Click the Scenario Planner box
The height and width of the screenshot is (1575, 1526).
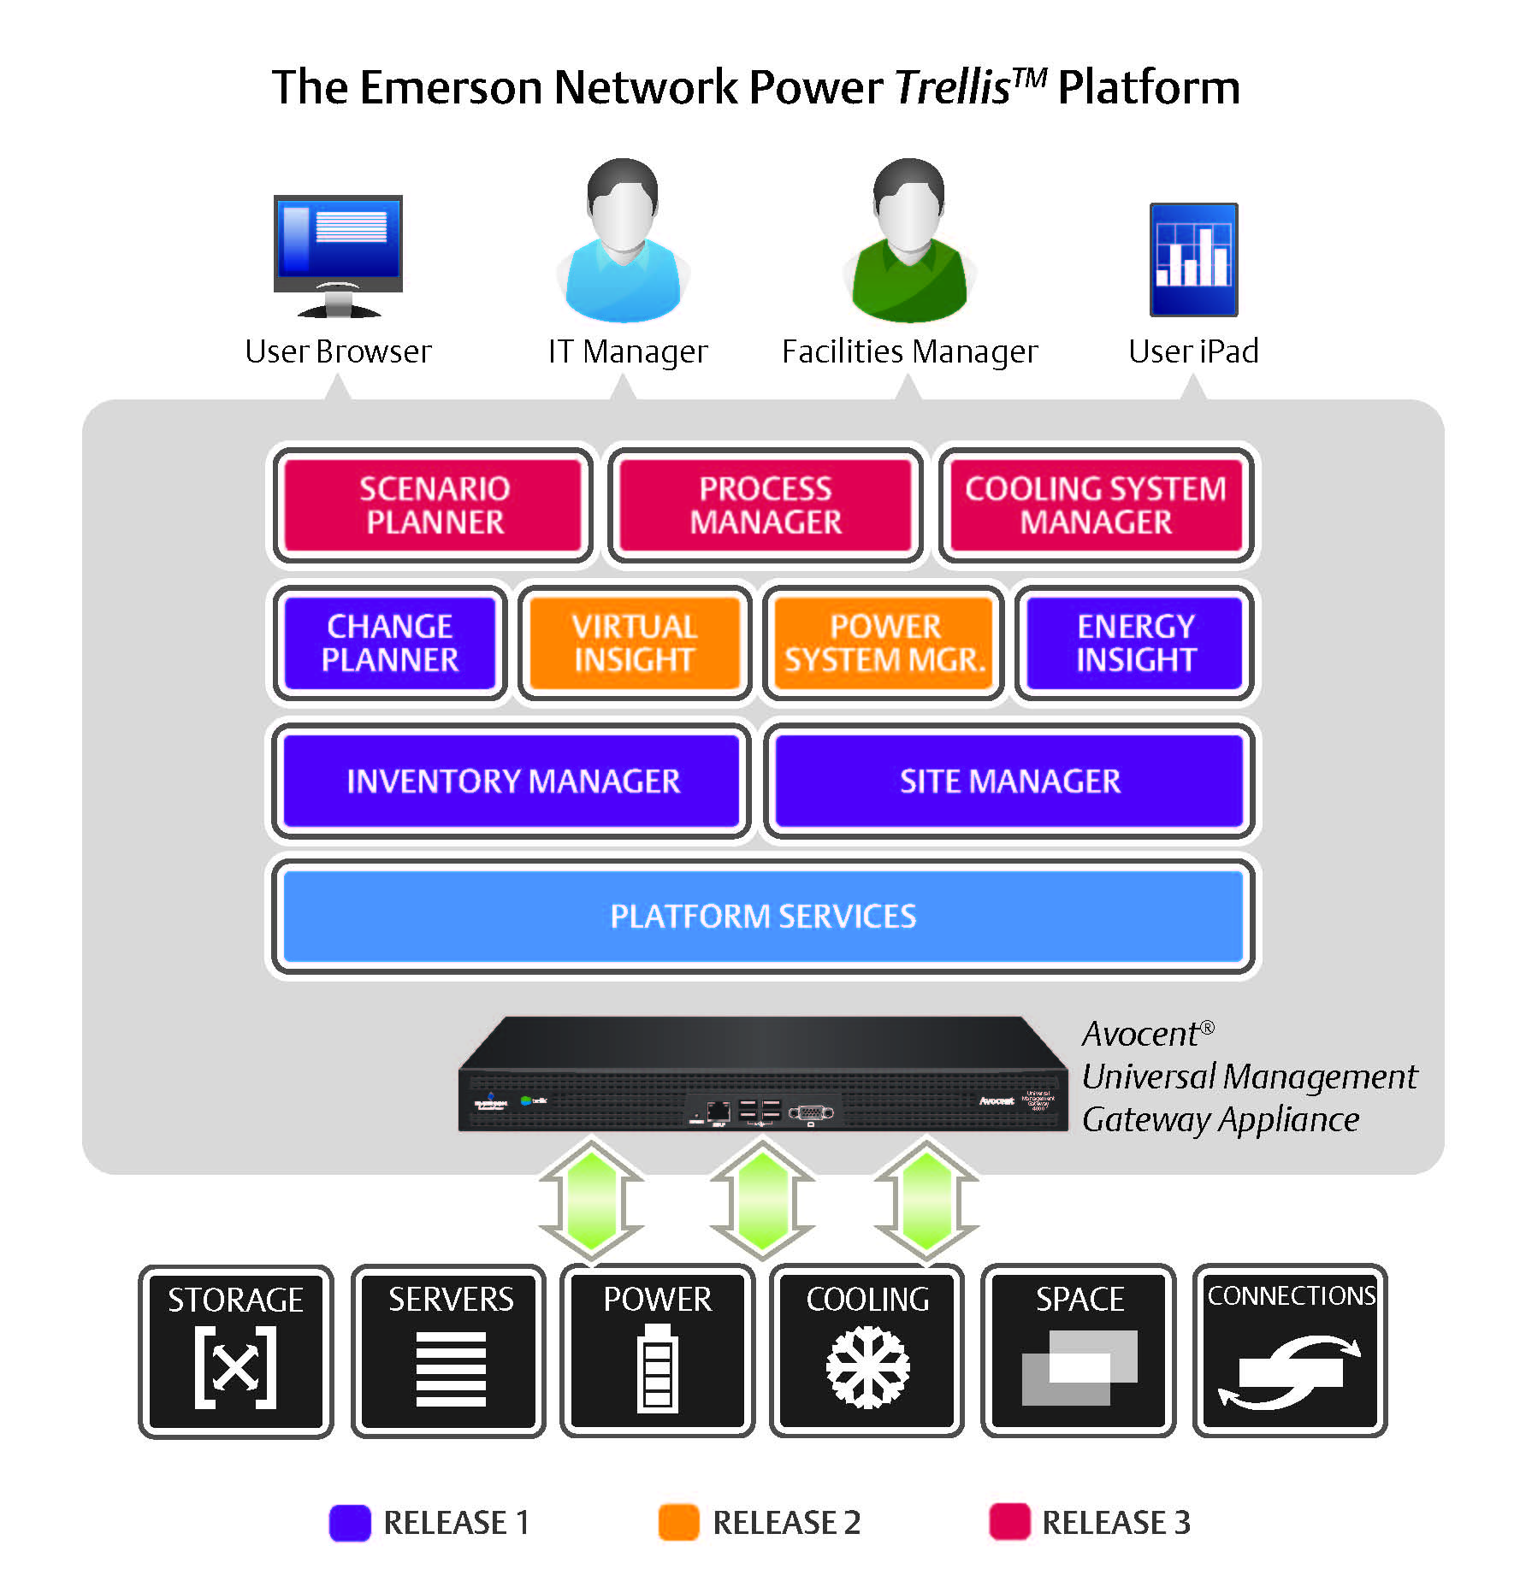point(434,505)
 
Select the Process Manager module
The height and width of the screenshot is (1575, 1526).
point(766,505)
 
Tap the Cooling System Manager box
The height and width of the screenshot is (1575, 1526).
point(1096,505)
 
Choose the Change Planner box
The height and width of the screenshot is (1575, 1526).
point(390,643)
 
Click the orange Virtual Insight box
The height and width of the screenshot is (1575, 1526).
point(634,643)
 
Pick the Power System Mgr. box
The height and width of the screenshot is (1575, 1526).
point(884,643)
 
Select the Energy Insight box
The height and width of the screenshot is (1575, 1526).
point(1135,643)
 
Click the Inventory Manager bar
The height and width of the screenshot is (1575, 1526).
point(512,781)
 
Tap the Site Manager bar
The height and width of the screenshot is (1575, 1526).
point(1009,781)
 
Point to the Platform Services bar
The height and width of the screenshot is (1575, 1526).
point(763,917)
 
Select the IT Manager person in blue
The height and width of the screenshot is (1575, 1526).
point(624,244)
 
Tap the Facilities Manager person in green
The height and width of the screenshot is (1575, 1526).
point(910,244)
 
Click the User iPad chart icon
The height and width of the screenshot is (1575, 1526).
point(1193,259)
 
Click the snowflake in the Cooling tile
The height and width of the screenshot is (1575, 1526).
point(867,1366)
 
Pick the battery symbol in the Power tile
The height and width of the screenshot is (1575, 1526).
point(657,1369)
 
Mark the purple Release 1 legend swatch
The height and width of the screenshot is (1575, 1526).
point(350,1523)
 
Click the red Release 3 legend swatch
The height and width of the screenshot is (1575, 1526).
point(1009,1523)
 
